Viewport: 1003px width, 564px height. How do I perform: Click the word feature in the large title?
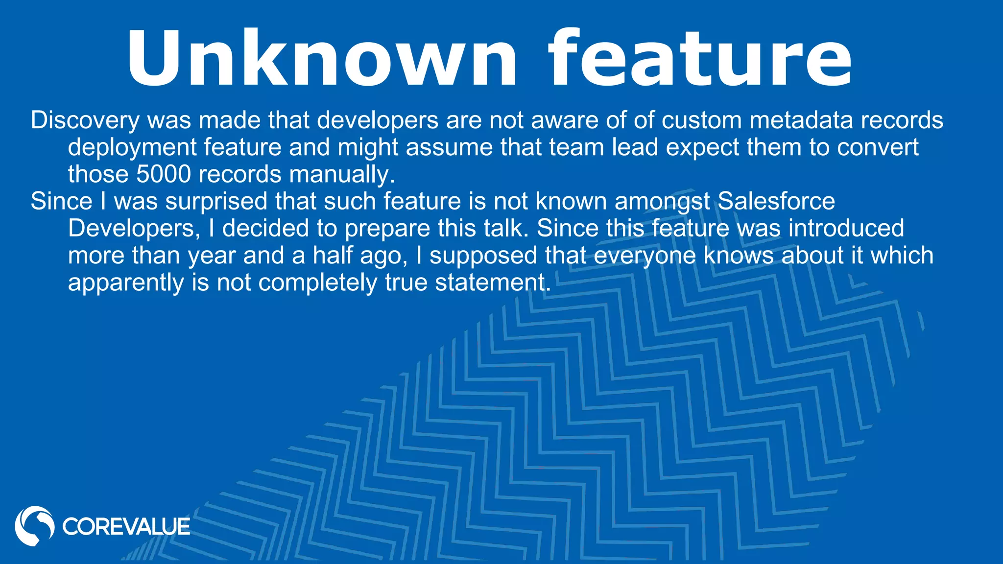point(700,59)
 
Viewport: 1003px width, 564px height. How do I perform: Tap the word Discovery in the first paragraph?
point(85,120)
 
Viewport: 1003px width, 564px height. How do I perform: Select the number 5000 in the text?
point(164,174)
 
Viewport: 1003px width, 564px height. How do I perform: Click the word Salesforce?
point(776,201)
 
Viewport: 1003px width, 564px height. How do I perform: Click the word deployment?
point(132,148)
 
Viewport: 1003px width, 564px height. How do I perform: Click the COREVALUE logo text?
point(126,527)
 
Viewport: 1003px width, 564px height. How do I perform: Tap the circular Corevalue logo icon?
point(34,526)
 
